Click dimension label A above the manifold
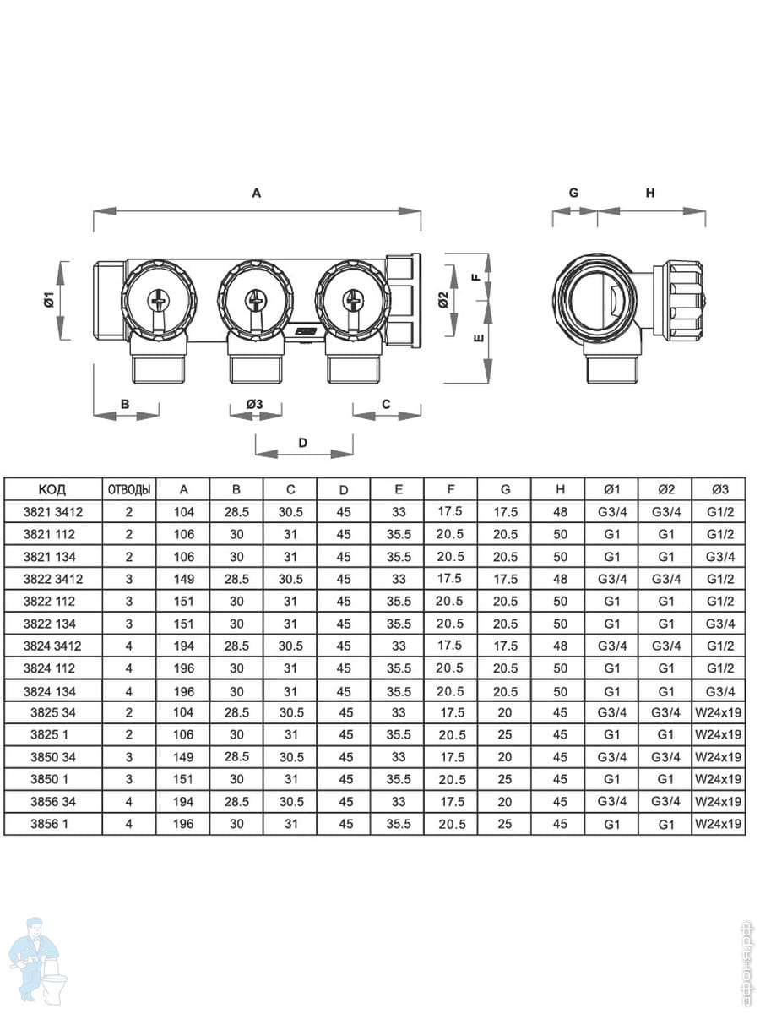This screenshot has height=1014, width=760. tap(256, 193)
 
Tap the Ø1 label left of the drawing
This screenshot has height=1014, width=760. tap(50, 300)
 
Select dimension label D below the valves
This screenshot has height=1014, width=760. tap(302, 443)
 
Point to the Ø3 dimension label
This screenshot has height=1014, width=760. tap(254, 404)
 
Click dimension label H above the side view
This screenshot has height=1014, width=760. tap(650, 193)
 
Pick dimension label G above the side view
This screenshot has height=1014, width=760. tap(573, 193)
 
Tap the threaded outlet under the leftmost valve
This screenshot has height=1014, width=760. tap(159, 368)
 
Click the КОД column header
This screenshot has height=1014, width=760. tap(52, 489)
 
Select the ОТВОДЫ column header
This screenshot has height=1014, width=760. tap(129, 489)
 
